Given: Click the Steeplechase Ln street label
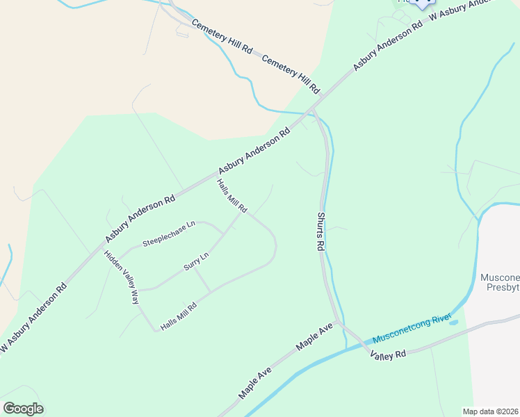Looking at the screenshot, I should tap(169, 234).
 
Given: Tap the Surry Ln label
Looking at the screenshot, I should tap(195, 261).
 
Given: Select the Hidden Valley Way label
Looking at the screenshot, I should tap(122, 277).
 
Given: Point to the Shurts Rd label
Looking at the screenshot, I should tap(320, 231).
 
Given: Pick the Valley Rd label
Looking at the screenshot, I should tap(388, 355).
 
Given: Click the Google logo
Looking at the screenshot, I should tap(23, 409).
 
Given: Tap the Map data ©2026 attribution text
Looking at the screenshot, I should tap(491, 411).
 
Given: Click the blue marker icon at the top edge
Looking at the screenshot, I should tap(419, 3).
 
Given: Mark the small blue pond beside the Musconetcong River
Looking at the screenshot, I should tap(453, 323).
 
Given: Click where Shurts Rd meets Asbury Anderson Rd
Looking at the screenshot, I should tap(311, 111).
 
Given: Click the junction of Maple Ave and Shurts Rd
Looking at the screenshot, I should tap(339, 323).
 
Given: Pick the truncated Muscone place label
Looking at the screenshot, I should tap(500, 278).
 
